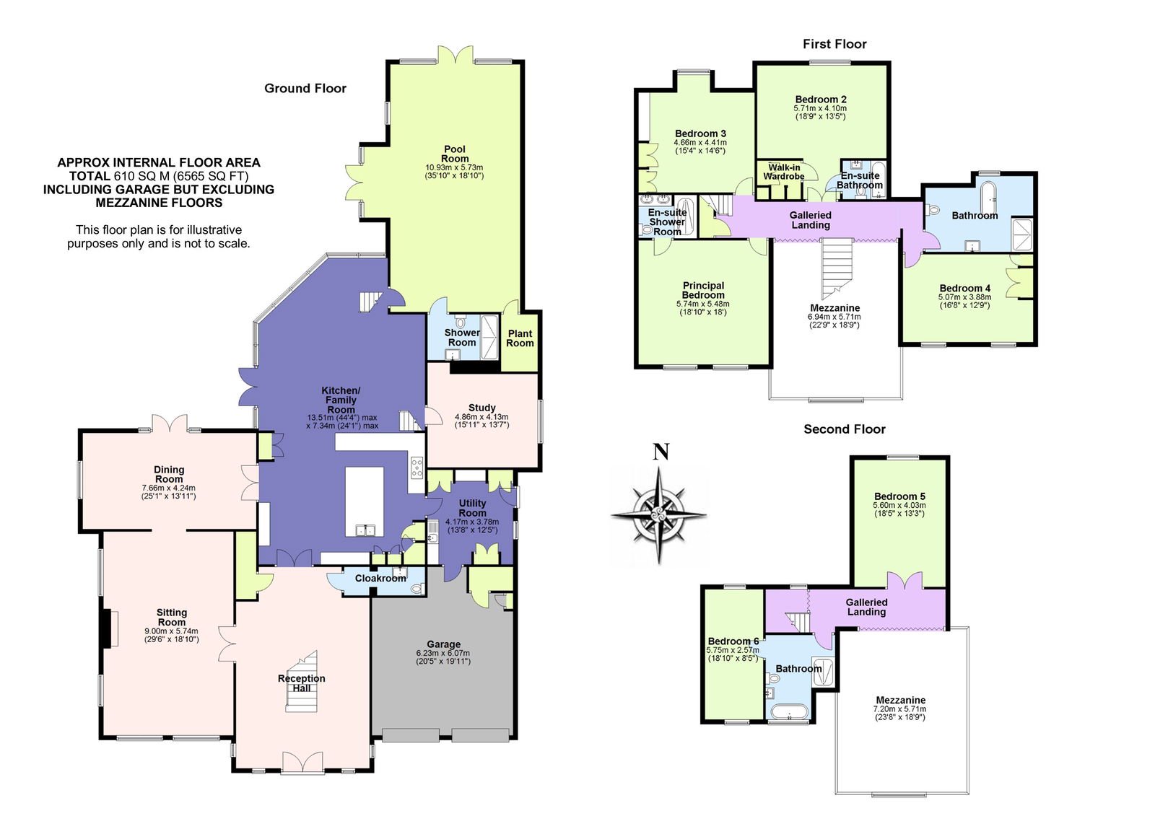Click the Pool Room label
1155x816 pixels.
click(454, 154)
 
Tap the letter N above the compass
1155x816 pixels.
click(661, 452)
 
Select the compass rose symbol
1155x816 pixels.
click(659, 514)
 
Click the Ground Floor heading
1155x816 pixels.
click(305, 88)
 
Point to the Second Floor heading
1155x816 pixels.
click(844, 429)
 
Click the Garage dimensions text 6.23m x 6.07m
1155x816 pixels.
click(443, 653)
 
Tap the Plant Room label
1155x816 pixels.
click(520, 338)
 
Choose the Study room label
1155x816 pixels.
click(481, 408)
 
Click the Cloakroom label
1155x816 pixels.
click(380, 579)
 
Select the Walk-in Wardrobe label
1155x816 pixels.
click(784, 172)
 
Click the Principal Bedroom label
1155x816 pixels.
click(703, 290)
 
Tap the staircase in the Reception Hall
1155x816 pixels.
click(302, 682)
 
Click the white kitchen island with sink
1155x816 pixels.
click(365, 502)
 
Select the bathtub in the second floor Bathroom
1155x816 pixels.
click(790, 711)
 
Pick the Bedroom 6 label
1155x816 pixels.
click(733, 641)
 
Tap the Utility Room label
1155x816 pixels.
click(472, 508)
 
